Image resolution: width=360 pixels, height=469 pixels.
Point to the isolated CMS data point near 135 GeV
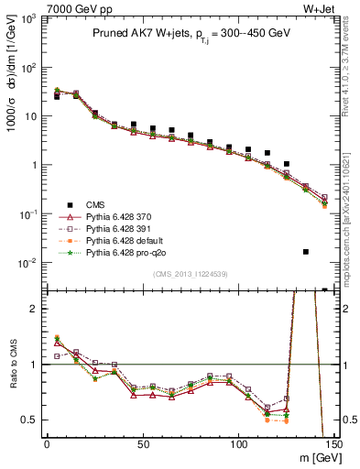pos(305,251)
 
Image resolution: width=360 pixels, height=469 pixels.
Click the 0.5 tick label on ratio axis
pos(29,420)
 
